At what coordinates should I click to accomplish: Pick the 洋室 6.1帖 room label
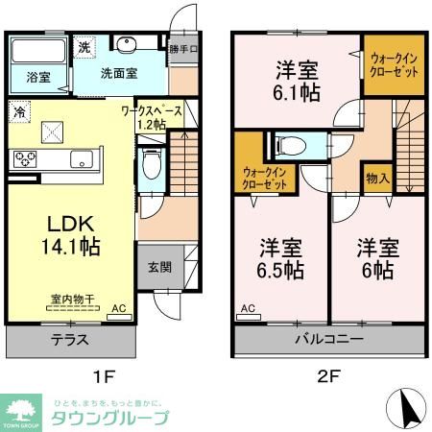299,81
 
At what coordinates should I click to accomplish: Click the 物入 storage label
377,179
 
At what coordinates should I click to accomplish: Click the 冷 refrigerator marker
20,113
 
